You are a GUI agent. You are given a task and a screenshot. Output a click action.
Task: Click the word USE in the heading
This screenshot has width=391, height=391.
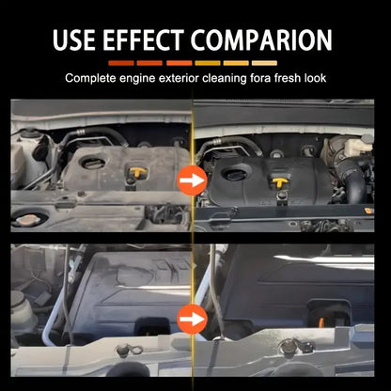(x=73, y=39)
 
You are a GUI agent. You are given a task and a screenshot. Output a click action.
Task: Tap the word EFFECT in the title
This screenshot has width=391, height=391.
(x=143, y=39)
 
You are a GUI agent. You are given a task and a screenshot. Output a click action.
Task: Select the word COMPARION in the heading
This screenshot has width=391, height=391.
(x=261, y=39)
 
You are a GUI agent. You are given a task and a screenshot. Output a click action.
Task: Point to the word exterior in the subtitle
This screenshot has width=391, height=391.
(x=179, y=78)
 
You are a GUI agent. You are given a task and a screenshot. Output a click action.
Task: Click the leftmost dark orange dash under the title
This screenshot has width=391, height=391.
(x=121, y=63)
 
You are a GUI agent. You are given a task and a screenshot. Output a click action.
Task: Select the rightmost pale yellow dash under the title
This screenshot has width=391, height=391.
(x=264, y=63)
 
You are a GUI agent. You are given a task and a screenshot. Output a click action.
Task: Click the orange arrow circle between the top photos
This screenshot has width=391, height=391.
(x=192, y=180)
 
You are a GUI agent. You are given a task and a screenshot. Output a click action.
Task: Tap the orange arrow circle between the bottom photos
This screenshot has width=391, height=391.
(x=192, y=320)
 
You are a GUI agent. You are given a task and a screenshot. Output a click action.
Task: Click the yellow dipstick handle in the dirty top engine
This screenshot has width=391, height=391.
(x=137, y=172)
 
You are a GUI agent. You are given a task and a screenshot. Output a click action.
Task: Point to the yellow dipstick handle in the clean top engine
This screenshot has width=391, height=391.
(x=280, y=182)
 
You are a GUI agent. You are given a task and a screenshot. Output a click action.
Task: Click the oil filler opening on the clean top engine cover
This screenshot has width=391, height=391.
(x=235, y=174)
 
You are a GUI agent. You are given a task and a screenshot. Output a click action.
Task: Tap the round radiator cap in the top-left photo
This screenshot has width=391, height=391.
(x=26, y=220)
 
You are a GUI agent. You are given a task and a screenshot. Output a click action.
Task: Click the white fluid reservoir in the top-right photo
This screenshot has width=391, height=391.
(x=358, y=145)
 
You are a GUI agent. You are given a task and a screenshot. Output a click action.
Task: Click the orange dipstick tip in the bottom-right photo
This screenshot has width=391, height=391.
(x=321, y=322)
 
